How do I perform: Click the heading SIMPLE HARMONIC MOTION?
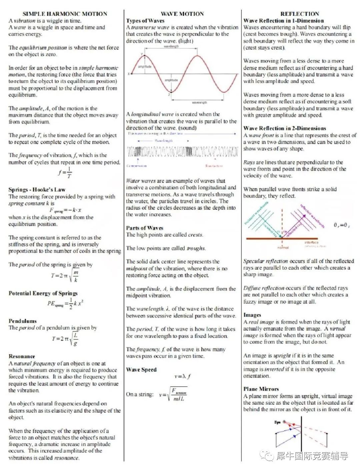(65, 14)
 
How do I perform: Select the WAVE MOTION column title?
(182, 14)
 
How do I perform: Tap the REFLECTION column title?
(299, 14)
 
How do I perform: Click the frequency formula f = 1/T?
(65, 173)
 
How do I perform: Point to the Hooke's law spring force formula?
(65, 210)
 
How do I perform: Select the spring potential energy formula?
(65, 303)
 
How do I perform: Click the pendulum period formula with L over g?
(65, 339)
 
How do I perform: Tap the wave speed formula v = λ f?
(182, 376)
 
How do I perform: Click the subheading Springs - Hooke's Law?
(37, 190)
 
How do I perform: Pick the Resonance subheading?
(22, 356)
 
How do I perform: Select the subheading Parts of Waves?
(144, 228)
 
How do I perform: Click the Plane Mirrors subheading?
(261, 389)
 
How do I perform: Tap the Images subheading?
(252, 315)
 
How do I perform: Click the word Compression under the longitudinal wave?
(137, 166)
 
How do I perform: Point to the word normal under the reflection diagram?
(283, 247)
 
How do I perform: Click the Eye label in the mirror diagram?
(277, 422)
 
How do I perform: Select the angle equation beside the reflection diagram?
(341, 225)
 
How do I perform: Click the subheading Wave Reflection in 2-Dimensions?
(285, 128)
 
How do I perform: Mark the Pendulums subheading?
(22, 321)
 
